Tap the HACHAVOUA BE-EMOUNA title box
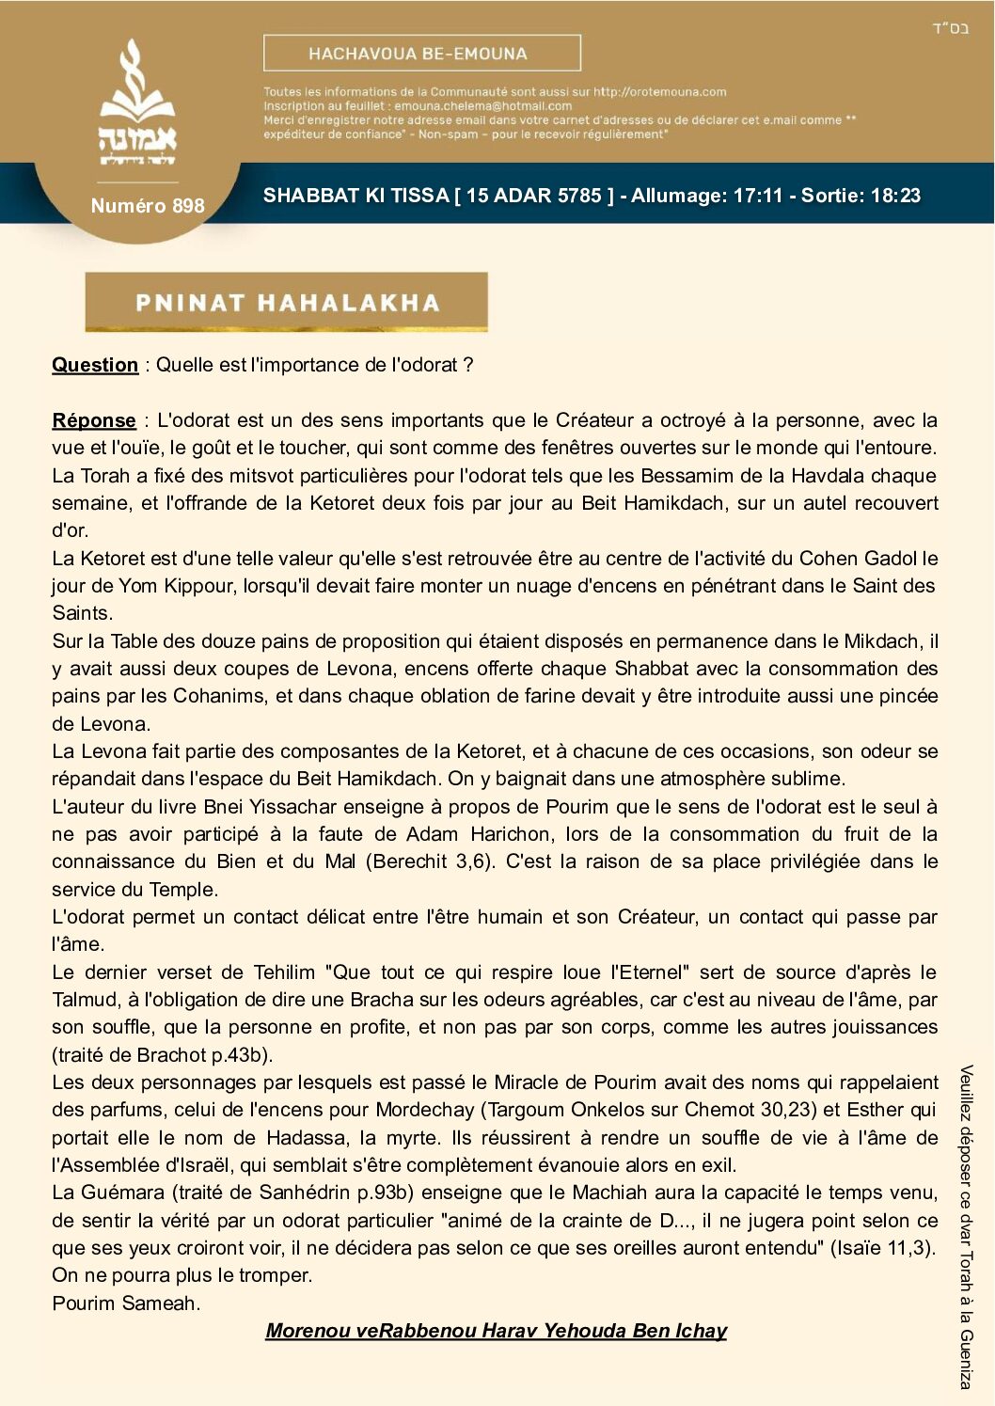[421, 54]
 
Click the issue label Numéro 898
[148, 206]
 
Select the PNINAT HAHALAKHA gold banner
[286, 302]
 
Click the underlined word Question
[95, 365]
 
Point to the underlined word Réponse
[94, 420]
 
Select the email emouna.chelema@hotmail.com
[482, 106]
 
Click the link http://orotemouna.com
[659, 92]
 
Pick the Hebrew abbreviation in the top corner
[950, 28]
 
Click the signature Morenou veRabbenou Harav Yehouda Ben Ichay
[496, 1331]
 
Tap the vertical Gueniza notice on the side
[966, 1227]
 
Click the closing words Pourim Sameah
[126, 1303]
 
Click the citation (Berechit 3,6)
[432, 861]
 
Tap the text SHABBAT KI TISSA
[355, 196]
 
